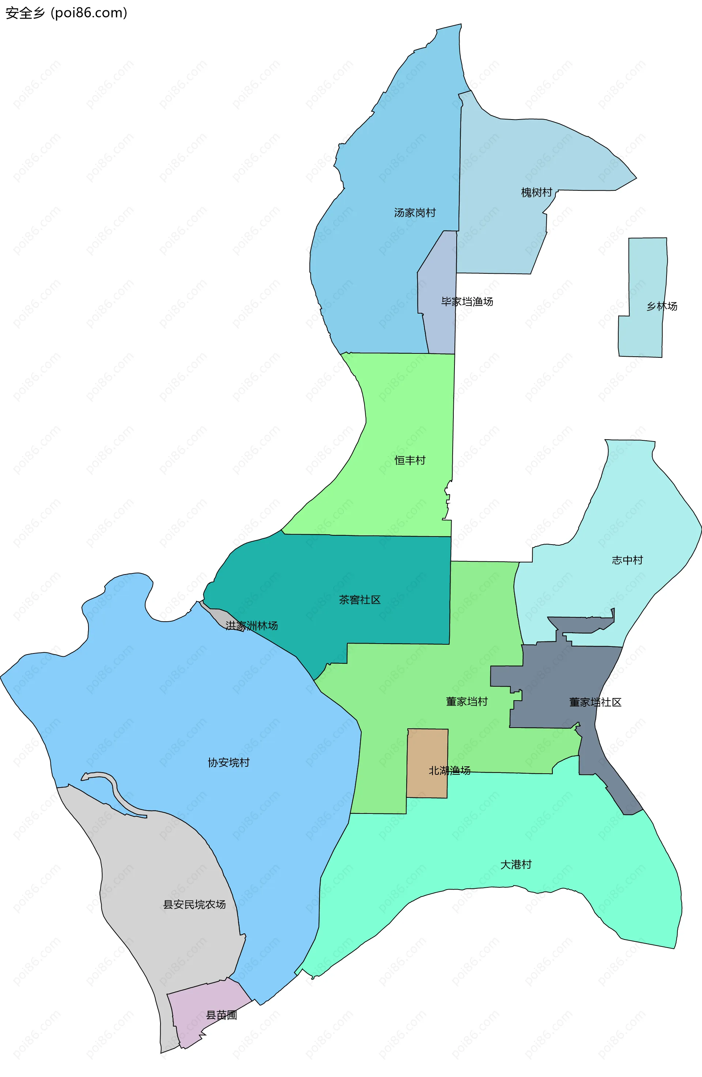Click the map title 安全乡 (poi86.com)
(x=67, y=13)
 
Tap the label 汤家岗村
(x=415, y=213)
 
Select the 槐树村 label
(x=536, y=192)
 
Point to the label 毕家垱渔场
(x=467, y=302)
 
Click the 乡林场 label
(x=662, y=306)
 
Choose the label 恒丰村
(x=410, y=460)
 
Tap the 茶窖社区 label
(x=360, y=600)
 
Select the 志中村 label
(x=627, y=560)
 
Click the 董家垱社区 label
(x=595, y=702)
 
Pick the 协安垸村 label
(x=229, y=762)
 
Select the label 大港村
(x=516, y=864)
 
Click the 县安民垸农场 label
(x=194, y=904)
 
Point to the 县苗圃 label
(x=221, y=1015)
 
